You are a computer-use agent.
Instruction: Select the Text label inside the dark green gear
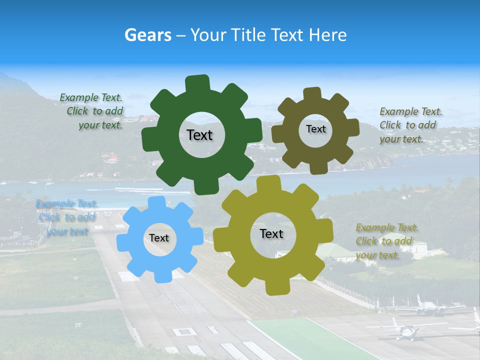(199, 135)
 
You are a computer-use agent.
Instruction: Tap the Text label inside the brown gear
(315, 129)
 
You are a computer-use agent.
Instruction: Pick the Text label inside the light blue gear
(159, 238)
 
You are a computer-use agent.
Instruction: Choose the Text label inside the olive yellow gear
(271, 233)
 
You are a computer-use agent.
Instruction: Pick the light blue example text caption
(65, 217)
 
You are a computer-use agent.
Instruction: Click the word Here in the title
(327, 35)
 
